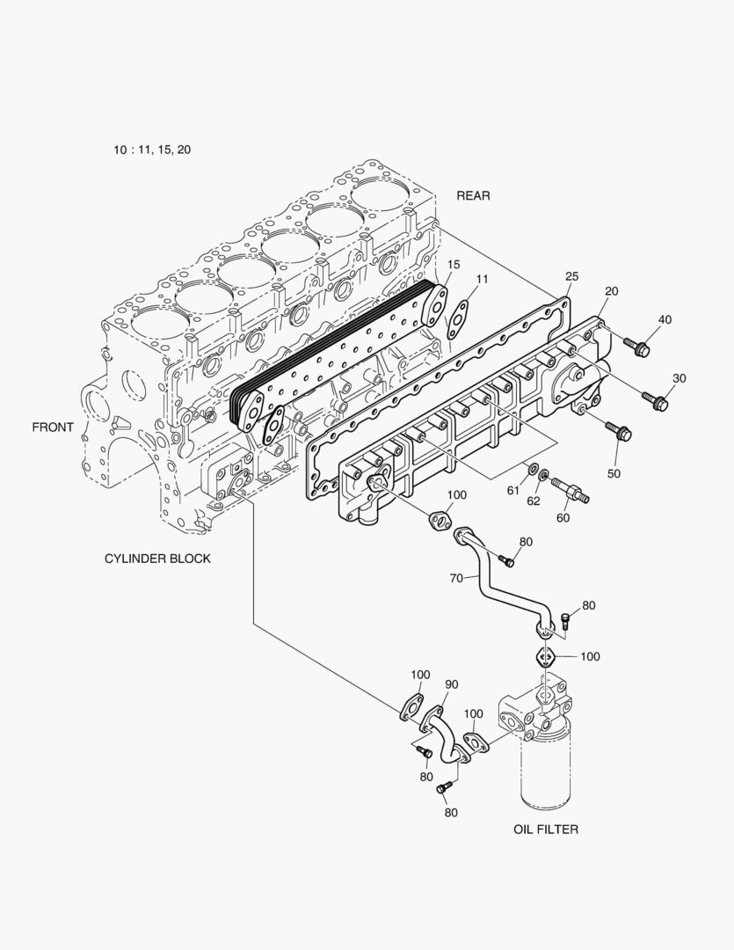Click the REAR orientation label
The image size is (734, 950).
[x=473, y=195]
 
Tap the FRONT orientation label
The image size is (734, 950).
[x=53, y=427]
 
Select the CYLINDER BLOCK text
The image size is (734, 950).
[x=157, y=559]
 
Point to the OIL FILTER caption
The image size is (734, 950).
[x=546, y=829]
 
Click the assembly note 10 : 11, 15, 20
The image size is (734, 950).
[x=152, y=150]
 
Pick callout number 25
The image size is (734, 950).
[x=571, y=277]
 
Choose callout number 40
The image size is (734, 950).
[x=664, y=319]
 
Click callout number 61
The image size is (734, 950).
[x=536, y=490]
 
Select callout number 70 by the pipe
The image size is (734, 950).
[x=457, y=579]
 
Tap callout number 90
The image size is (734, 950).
[x=452, y=684]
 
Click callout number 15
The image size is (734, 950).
[x=453, y=264]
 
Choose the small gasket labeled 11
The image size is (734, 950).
[x=457, y=318]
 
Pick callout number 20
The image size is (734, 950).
[x=612, y=290]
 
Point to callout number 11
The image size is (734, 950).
[x=482, y=279]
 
